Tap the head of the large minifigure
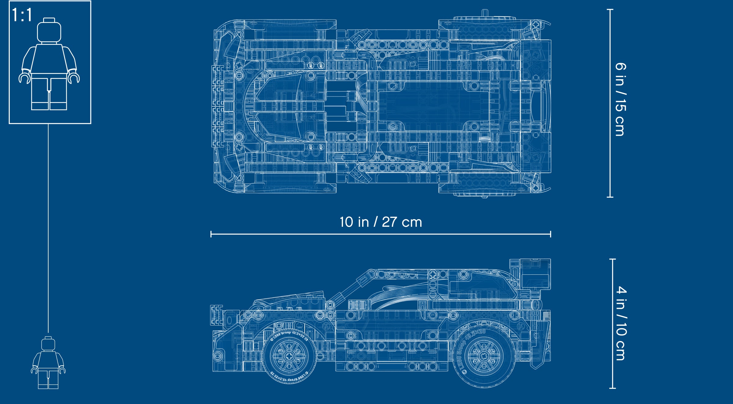point(49,31)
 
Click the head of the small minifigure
point(48,344)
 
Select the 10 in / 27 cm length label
point(381,222)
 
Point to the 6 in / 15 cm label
point(620,99)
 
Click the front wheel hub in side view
point(289,356)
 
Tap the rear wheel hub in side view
point(483,356)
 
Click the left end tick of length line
point(211,234)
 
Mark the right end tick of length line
point(550,234)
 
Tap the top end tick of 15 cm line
point(610,9)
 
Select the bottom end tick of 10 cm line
point(612,388)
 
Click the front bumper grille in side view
point(216,315)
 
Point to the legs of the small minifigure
point(48,379)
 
